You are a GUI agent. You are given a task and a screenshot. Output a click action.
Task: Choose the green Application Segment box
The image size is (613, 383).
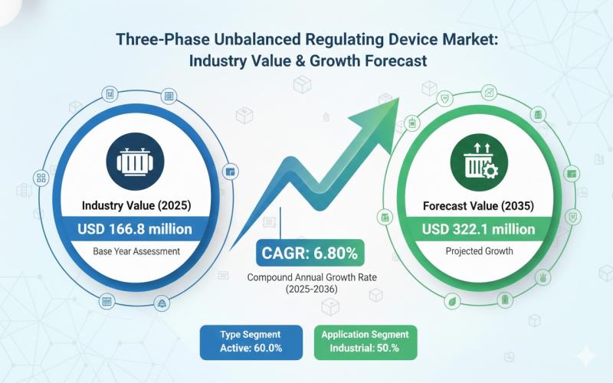coord(365,342)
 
